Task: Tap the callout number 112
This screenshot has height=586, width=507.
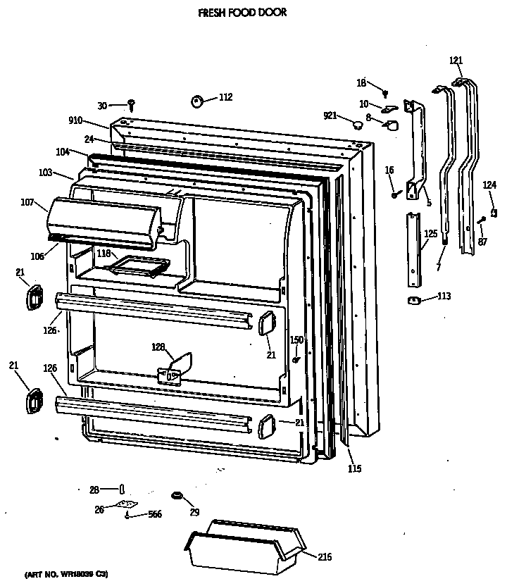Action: click(x=225, y=98)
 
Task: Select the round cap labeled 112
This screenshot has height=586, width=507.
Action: click(x=196, y=102)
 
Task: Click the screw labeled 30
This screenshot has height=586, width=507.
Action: click(x=132, y=105)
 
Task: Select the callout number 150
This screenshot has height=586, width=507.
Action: click(x=297, y=340)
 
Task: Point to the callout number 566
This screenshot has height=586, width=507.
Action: click(x=154, y=515)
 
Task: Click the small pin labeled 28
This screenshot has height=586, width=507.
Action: click(x=123, y=489)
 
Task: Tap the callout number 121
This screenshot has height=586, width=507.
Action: click(x=456, y=61)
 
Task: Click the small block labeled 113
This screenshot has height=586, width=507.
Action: click(x=414, y=301)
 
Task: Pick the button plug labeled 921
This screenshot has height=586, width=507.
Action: click(x=358, y=125)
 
